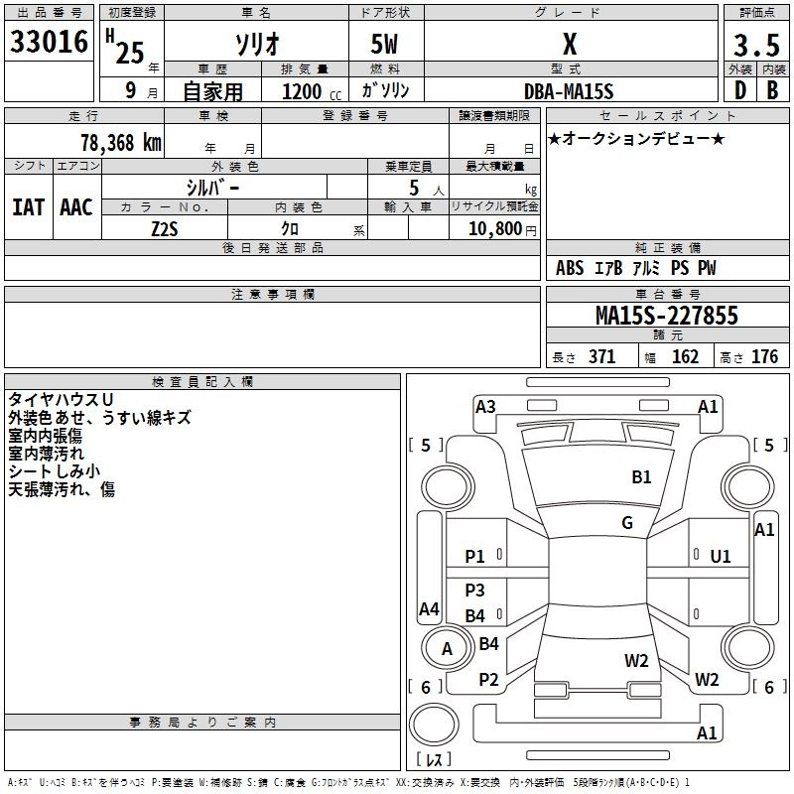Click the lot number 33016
[50, 42]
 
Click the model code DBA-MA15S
[569, 91]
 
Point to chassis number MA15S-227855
[666, 316]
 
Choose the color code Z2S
[165, 228]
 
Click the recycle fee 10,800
[493, 228]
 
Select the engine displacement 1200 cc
[302, 91]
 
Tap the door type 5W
[386, 46]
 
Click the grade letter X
[570, 46]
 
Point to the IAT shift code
[28, 207]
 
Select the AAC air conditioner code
[76, 207]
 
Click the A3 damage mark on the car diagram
[485, 407]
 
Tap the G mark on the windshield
[627, 523]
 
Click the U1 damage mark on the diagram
[721, 556]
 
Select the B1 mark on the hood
[642, 477]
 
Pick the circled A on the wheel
[447, 649]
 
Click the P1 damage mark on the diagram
[475, 556]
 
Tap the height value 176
[764, 357]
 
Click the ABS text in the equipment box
[570, 268]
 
